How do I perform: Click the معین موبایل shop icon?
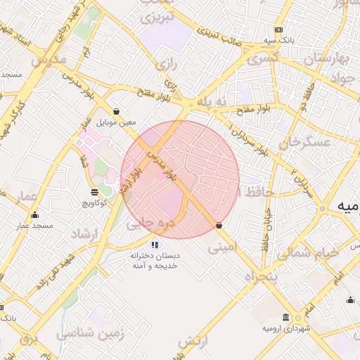pyautogui.click(x=116, y=111)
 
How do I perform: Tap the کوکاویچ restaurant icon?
pyautogui.click(x=94, y=191)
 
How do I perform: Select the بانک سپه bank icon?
pyautogui.click(x=279, y=30)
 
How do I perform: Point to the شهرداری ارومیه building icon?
pyautogui.click(x=285, y=317)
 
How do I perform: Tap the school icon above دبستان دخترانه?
pyautogui.click(x=154, y=245)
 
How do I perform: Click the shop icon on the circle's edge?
pyautogui.click(x=220, y=226)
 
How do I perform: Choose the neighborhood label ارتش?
pyautogui.click(x=194, y=342)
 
